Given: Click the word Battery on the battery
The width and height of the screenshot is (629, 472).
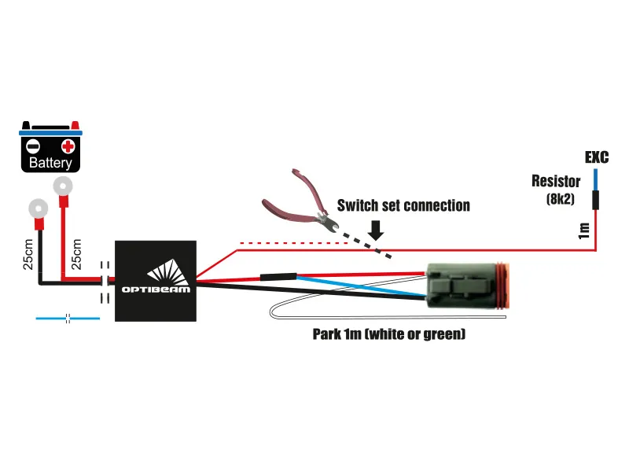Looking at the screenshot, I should pyautogui.click(x=50, y=164).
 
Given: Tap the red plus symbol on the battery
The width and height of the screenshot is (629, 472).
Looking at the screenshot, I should pyautogui.click(x=68, y=146).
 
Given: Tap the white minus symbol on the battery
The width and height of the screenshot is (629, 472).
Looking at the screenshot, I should pyautogui.click(x=33, y=146).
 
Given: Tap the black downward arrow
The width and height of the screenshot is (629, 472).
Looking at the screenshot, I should pyautogui.click(x=376, y=228).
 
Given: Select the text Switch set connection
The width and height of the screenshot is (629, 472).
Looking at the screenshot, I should pyautogui.click(x=403, y=206).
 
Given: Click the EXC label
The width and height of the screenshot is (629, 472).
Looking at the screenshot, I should pyautogui.click(x=597, y=157).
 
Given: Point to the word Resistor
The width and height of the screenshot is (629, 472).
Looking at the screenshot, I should pyautogui.click(x=556, y=182).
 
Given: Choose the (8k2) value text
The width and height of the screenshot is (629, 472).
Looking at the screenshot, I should pyautogui.click(x=562, y=199).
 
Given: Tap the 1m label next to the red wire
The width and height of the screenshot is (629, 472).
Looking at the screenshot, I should pyautogui.click(x=583, y=230).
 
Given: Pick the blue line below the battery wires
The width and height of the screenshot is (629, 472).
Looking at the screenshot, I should pyautogui.click(x=68, y=319).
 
